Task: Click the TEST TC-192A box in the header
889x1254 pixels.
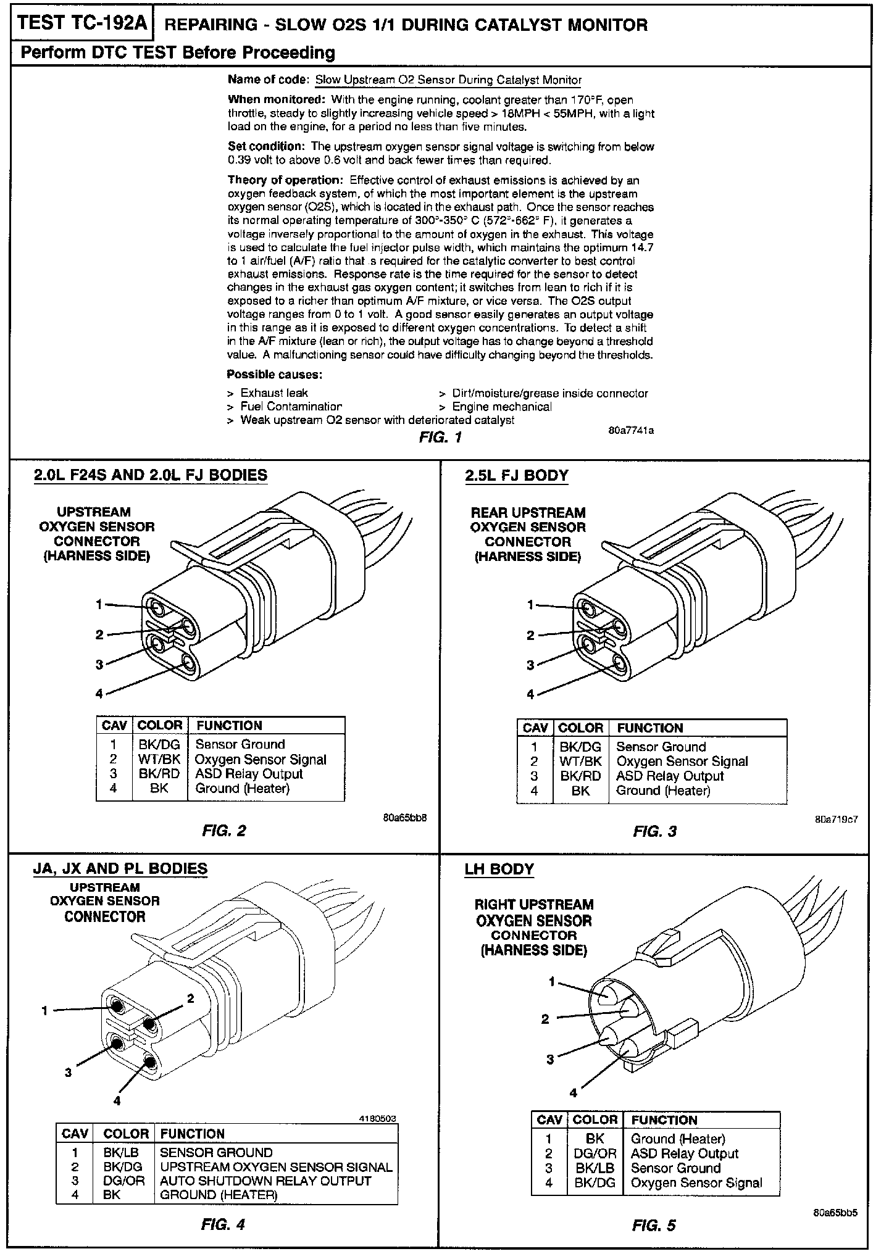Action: coord(83,24)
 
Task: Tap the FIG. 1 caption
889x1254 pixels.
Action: coord(440,438)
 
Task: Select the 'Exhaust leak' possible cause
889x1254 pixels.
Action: coord(274,393)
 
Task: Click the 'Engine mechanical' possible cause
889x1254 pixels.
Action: coord(502,407)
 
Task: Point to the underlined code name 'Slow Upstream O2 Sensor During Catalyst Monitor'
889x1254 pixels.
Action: coord(448,80)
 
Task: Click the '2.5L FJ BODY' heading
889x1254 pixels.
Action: coord(516,476)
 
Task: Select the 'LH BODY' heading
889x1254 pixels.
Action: coord(499,870)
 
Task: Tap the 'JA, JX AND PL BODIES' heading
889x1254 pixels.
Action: coord(120,869)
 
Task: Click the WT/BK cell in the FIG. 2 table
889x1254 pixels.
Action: coord(159,760)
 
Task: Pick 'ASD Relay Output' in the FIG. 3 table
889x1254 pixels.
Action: coord(670,776)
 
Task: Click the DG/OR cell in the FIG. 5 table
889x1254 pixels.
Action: coord(595,1154)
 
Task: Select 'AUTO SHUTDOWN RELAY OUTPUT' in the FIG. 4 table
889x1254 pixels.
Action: coord(265,1181)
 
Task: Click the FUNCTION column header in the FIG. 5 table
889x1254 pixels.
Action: coord(664,1120)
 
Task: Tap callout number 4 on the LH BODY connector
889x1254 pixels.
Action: coord(573,1093)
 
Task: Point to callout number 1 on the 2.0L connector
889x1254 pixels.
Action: coord(99,605)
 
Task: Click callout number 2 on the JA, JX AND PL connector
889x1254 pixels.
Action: coord(191,999)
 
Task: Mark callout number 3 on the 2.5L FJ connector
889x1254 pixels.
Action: coord(530,665)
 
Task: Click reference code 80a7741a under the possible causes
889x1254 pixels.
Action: coord(631,431)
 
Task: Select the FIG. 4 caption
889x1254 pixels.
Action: coord(223,1225)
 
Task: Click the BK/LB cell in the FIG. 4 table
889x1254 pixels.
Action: coord(121,1153)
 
